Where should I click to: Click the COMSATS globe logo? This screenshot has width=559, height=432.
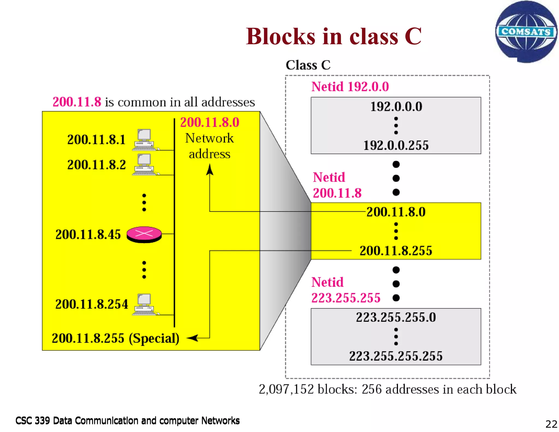pos(526,32)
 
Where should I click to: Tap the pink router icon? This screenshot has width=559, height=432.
pos(144,234)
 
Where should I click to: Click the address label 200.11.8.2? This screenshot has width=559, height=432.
pos(96,165)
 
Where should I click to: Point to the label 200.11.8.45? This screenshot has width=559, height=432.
pos(88,234)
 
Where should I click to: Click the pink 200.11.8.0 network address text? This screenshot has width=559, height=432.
pos(210,122)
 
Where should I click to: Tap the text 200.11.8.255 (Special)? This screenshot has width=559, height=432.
pos(115,338)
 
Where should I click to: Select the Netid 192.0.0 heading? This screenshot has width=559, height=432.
pos(350,87)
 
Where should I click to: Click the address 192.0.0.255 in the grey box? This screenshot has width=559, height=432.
pos(396,145)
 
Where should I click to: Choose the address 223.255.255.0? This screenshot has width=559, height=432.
pos(396,317)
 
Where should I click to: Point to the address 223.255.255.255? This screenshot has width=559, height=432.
pos(396,356)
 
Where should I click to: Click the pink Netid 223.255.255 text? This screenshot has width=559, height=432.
pos(346,290)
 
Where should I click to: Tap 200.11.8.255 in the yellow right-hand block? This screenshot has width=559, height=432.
pos(396,251)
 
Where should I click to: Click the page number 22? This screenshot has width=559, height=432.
pos(551,424)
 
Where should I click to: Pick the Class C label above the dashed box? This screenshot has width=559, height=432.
pos(308,65)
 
